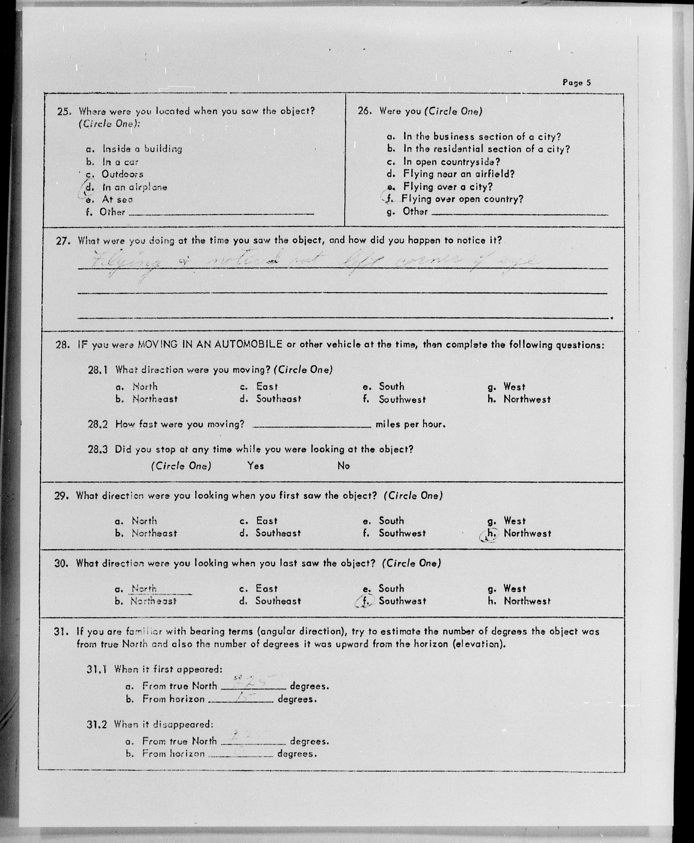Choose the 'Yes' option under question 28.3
[x=255, y=466]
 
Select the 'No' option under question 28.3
[x=343, y=466]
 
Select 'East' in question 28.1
[x=267, y=386]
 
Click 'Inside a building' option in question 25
[x=142, y=149]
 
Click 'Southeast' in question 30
[x=278, y=601]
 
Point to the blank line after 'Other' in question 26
[x=520, y=214]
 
